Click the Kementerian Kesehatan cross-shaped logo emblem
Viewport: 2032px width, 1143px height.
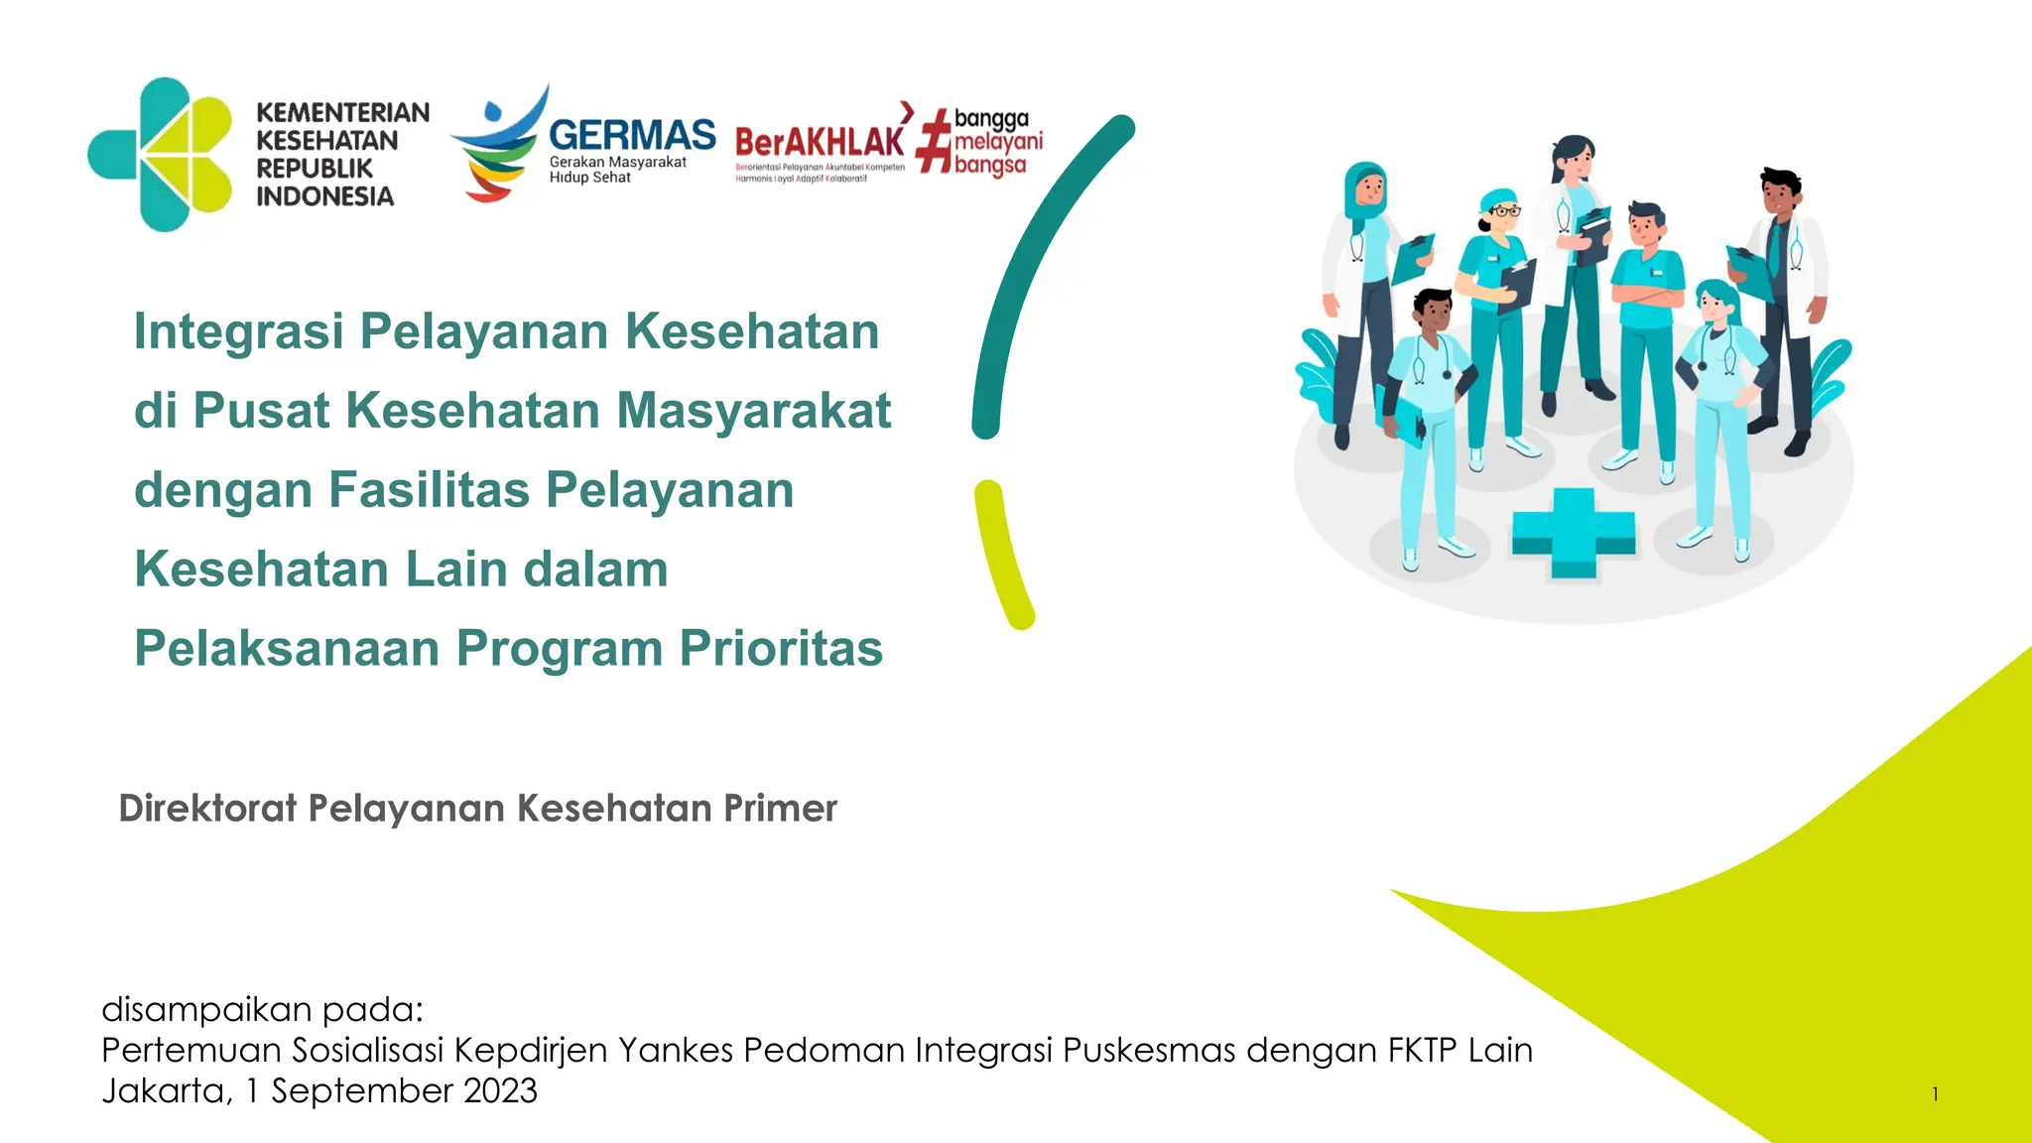pyautogui.click(x=161, y=155)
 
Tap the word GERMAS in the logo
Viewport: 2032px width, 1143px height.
pyautogui.click(x=632, y=135)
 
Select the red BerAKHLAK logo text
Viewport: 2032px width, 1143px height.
pyautogui.click(x=820, y=142)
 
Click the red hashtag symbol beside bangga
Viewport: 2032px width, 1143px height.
pyautogui.click(x=934, y=142)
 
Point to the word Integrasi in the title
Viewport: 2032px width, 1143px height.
pyautogui.click(x=238, y=331)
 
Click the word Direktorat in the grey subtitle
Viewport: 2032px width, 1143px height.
pyautogui.click(x=207, y=809)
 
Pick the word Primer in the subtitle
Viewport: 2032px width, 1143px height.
pyautogui.click(x=780, y=809)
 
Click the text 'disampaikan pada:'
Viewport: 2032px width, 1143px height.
pyautogui.click(x=262, y=1009)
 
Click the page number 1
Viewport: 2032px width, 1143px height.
pyautogui.click(x=1935, y=1094)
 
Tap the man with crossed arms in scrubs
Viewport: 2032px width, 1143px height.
pyautogui.click(x=1647, y=327)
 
